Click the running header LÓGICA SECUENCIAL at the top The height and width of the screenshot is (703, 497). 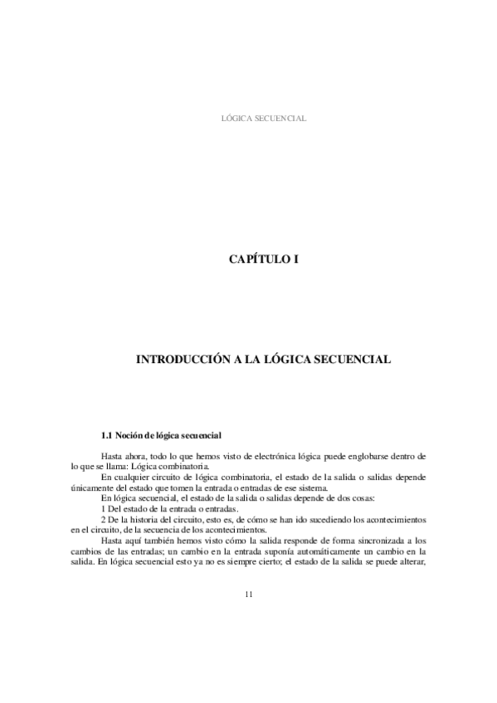[x=263, y=119]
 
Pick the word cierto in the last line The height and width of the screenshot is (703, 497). [x=251, y=562]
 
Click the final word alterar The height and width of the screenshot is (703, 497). [x=411, y=562]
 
